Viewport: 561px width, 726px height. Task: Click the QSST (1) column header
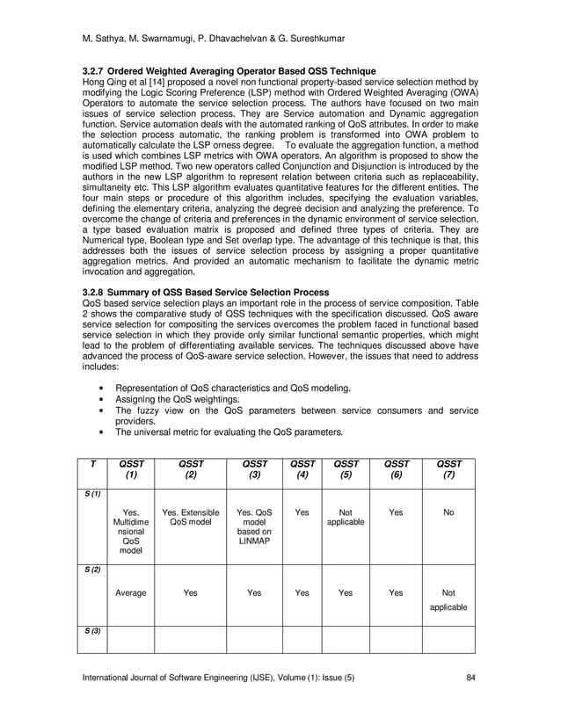[x=131, y=470]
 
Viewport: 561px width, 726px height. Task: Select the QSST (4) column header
[x=302, y=470]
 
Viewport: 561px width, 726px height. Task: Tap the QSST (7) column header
[x=448, y=470]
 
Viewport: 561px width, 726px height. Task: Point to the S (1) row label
[x=93, y=495]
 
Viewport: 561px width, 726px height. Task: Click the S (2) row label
[x=93, y=570]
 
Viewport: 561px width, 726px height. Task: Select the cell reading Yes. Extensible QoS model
[x=190, y=516]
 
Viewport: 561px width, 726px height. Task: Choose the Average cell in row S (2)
[x=131, y=593]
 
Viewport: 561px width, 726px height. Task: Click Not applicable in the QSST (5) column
[x=346, y=516]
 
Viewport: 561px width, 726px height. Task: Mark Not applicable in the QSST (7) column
[x=448, y=599]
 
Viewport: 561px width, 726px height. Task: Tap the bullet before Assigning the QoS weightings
[x=105, y=399]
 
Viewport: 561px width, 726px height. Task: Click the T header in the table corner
[x=93, y=464]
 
